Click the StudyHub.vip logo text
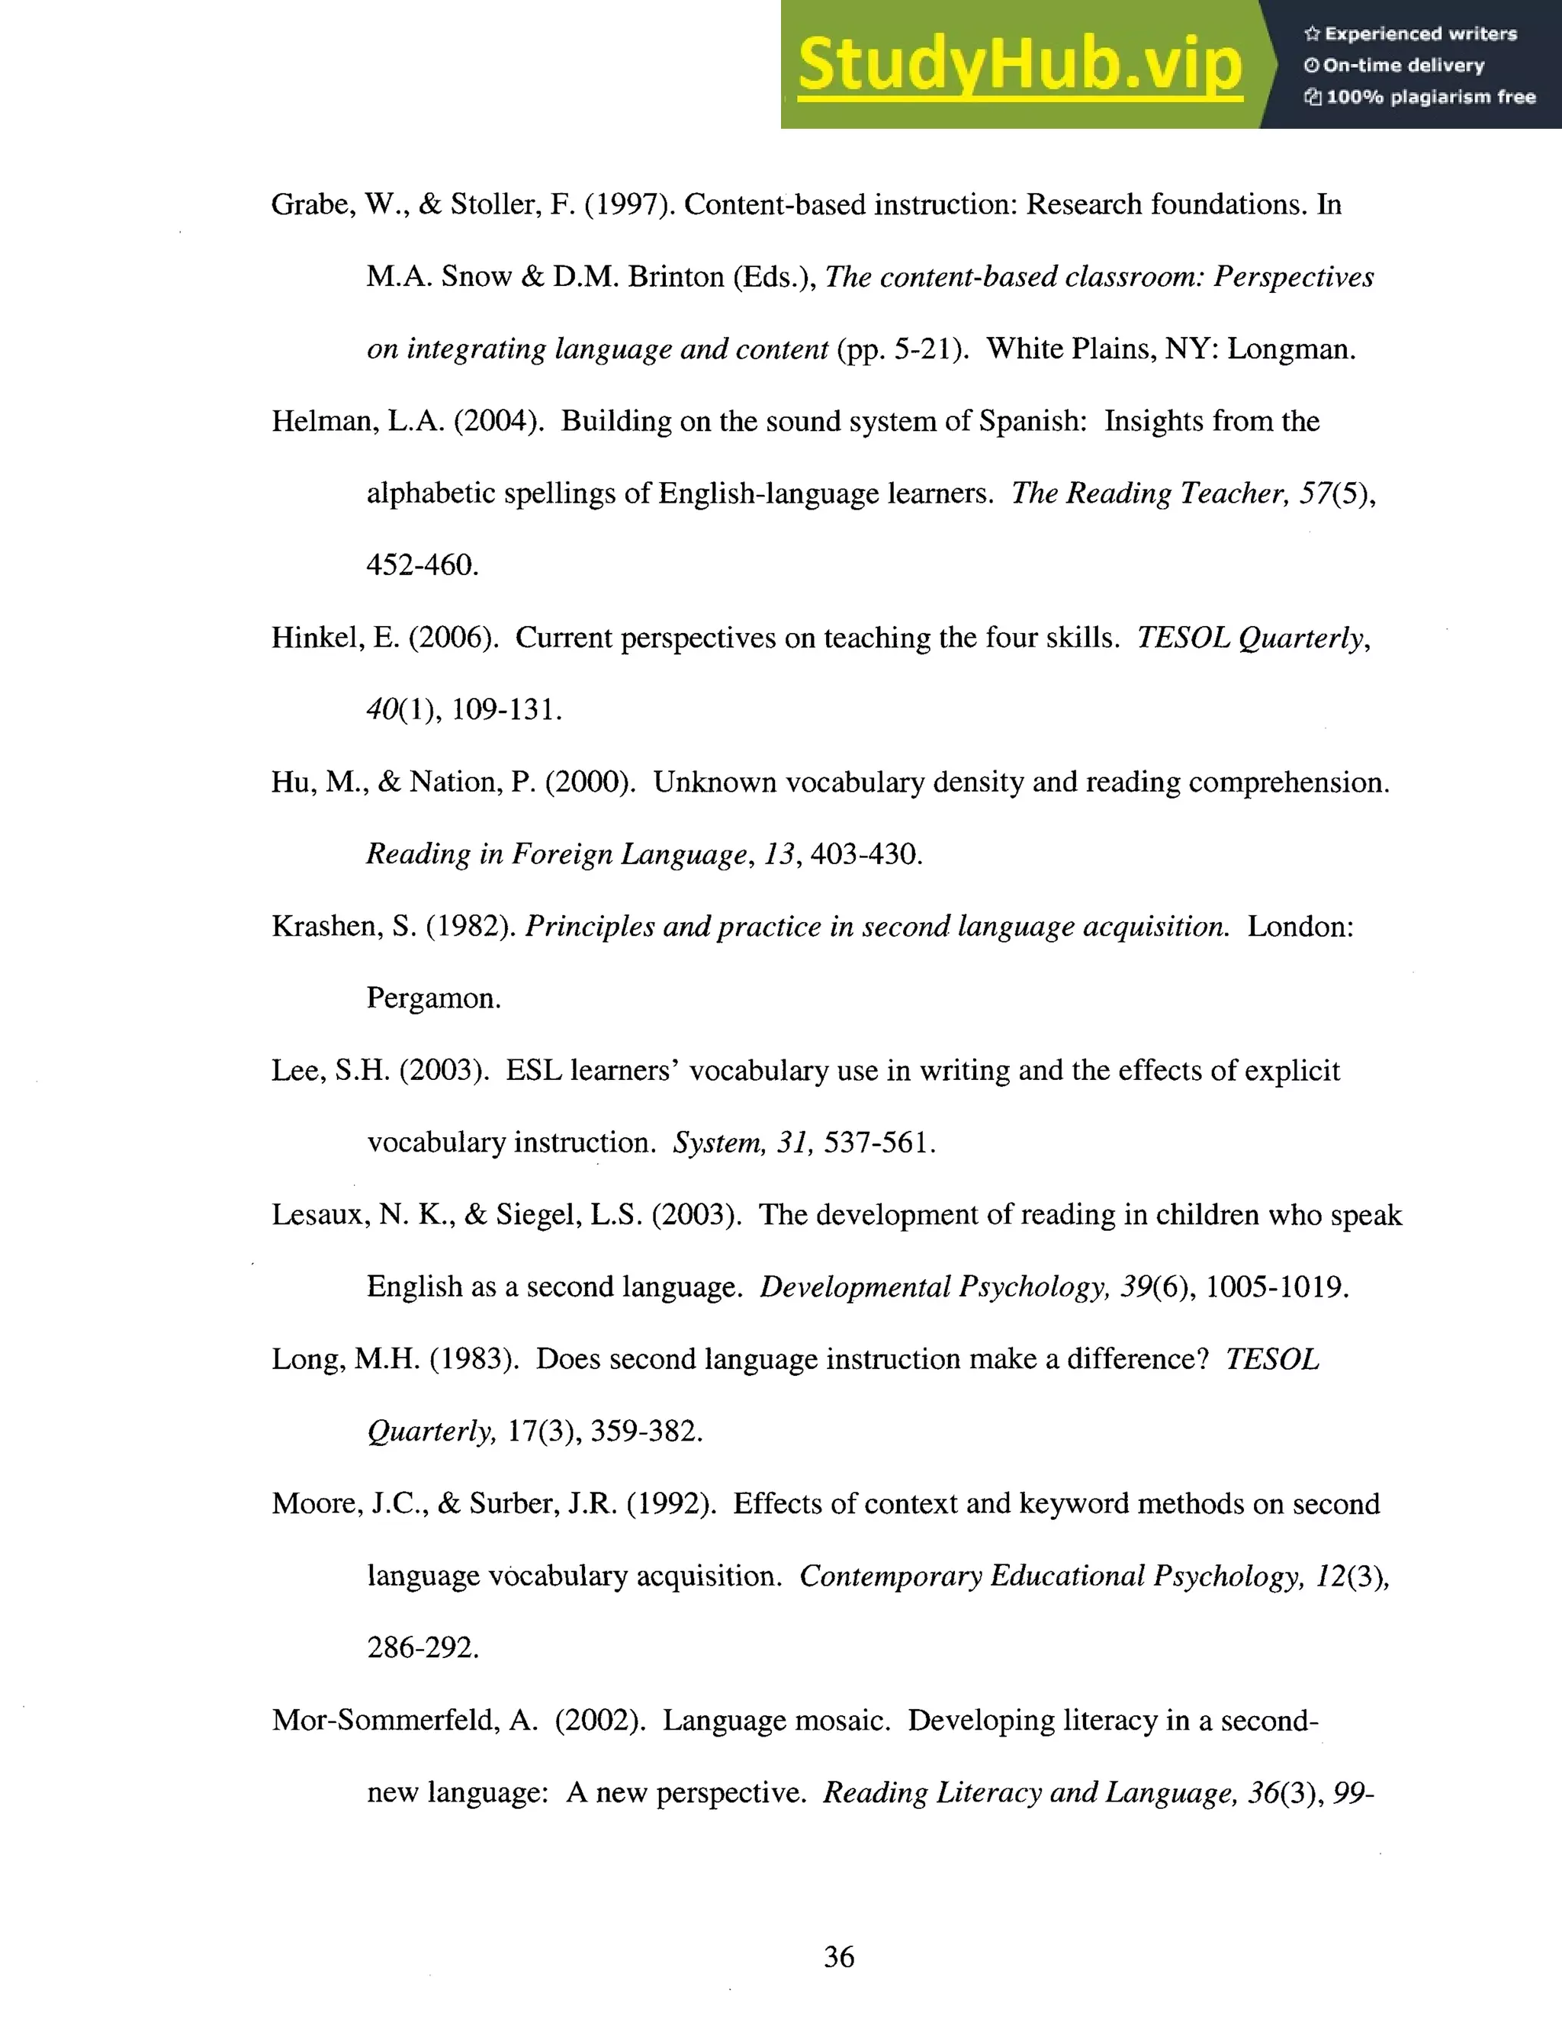(1020, 65)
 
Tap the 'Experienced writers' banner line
(1410, 34)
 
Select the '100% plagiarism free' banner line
(1419, 97)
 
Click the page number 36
(839, 1956)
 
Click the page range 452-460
(422, 565)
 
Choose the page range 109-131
(506, 710)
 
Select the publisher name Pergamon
(432, 998)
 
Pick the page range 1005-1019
(1276, 1287)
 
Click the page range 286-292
(422, 1648)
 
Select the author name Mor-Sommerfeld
(385, 1721)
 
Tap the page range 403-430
(866, 854)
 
